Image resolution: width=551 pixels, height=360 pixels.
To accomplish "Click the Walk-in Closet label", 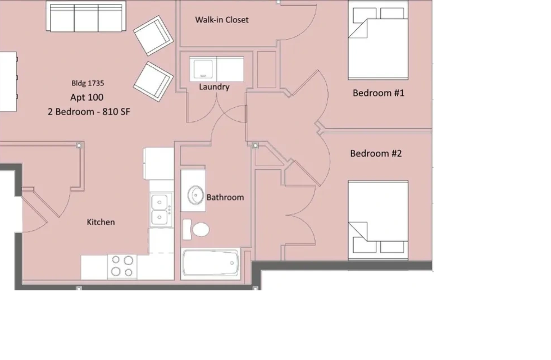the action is tap(222, 20).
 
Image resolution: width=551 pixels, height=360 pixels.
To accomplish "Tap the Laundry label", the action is tap(214, 86).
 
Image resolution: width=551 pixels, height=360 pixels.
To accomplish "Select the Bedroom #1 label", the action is tap(379, 93).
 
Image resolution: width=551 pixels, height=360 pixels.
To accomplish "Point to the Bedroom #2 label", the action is tap(376, 153).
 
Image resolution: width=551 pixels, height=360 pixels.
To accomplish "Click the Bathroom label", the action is tap(225, 197).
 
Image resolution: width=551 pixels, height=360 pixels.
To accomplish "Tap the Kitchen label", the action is tap(101, 222).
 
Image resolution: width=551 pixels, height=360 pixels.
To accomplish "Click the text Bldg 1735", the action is tap(88, 83).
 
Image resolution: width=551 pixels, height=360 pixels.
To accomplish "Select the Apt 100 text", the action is tap(87, 97).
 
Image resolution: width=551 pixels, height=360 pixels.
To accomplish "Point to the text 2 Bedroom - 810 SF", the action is tap(89, 112).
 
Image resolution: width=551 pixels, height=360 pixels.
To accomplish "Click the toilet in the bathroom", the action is tap(196, 230).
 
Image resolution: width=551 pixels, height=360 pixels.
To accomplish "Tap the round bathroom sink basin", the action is tap(195, 195).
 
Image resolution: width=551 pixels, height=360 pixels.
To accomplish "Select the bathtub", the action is tap(211, 263).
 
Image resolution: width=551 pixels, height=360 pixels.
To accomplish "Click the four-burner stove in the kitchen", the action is tap(122, 266).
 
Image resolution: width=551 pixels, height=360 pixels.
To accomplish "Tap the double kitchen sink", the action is tap(161, 209).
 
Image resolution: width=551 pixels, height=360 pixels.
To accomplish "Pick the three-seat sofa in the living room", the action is tap(86, 16).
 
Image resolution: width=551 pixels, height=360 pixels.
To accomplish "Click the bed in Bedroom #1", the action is tap(378, 40).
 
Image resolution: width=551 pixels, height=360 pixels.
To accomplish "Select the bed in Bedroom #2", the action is tap(378, 221).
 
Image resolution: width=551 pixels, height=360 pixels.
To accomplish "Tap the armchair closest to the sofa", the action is tap(153, 35).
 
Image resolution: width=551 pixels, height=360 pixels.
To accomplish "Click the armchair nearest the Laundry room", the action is tap(153, 81).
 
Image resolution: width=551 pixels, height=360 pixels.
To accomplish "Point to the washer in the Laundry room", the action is tap(203, 69).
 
